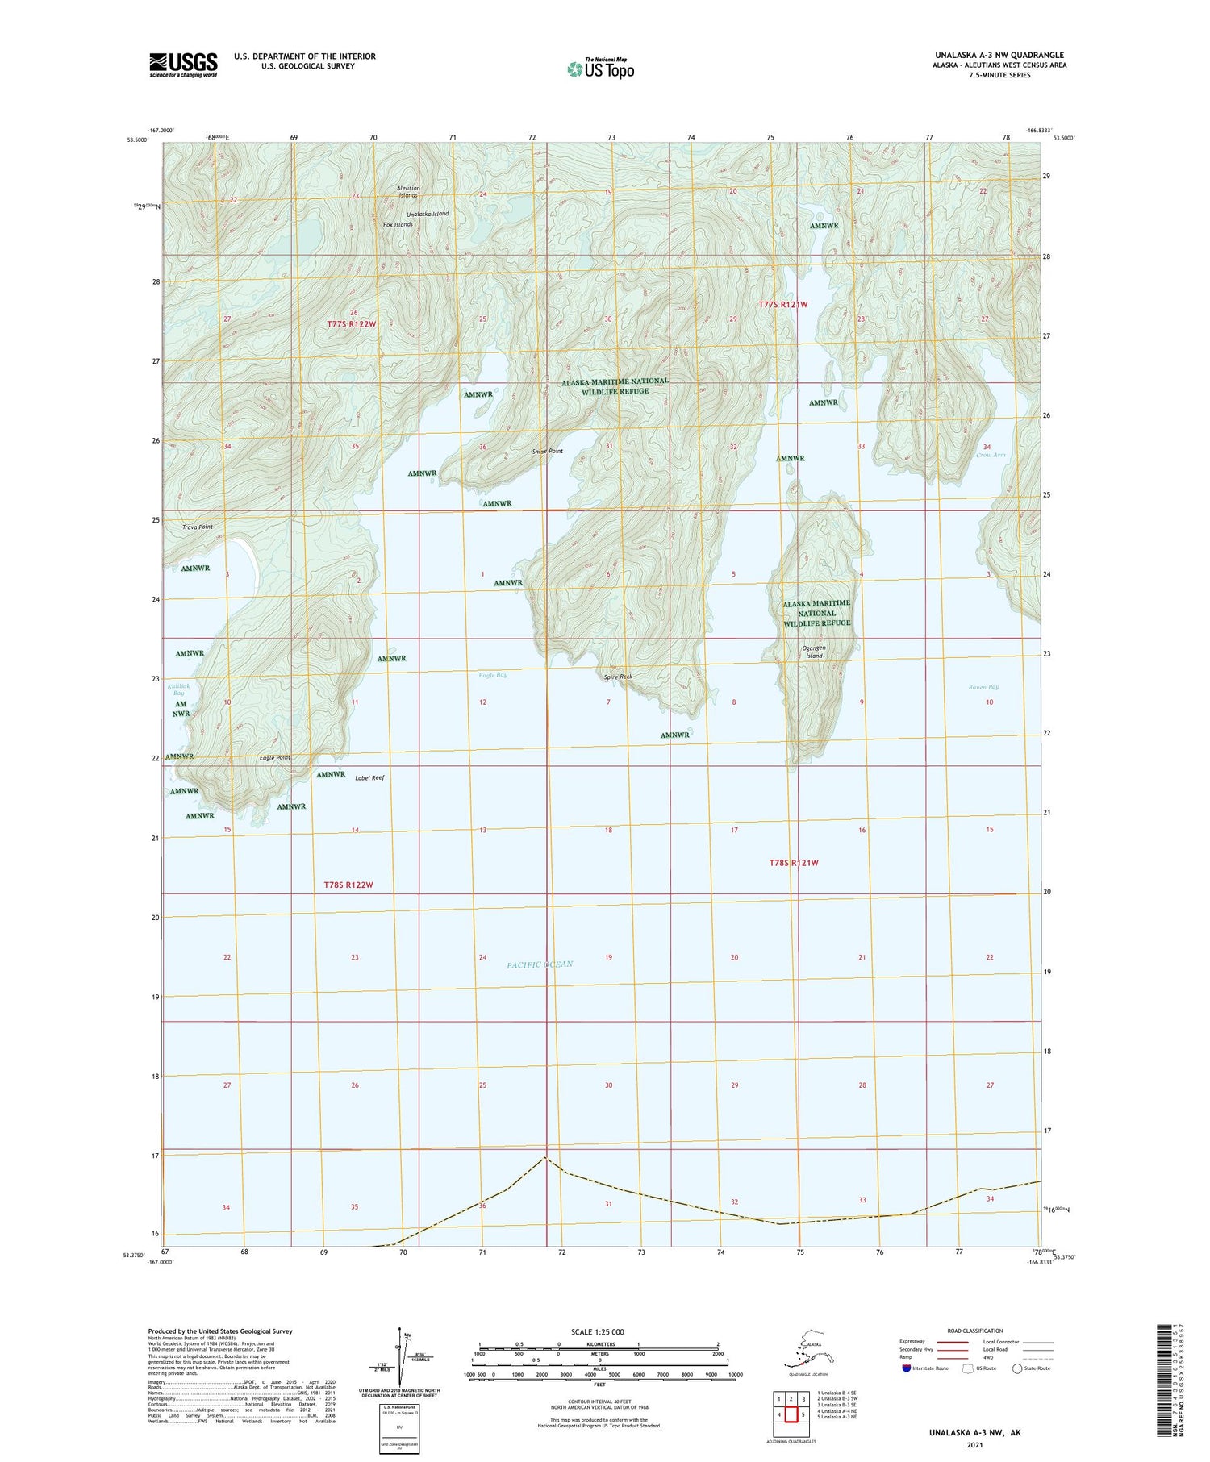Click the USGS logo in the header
[x=183, y=65]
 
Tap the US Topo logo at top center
[x=600, y=69]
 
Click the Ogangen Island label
[x=816, y=652]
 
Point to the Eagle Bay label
[x=492, y=674]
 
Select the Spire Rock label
[x=617, y=677]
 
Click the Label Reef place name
[x=369, y=777]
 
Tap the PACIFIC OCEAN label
[x=540, y=964]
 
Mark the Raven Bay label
[x=983, y=687]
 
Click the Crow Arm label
[x=991, y=456]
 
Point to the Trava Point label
[x=198, y=527]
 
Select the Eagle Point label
[x=275, y=758]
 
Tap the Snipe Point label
[x=548, y=452]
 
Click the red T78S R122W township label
[x=348, y=885]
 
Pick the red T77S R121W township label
[x=782, y=305]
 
